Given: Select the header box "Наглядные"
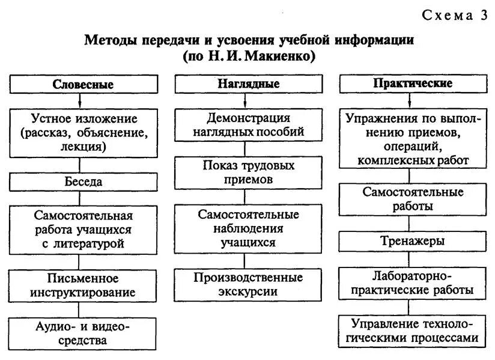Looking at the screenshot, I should (x=247, y=84).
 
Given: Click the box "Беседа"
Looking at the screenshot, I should (x=83, y=182).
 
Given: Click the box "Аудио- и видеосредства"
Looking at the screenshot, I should (x=83, y=334).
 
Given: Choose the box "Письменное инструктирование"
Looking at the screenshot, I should (x=83, y=285).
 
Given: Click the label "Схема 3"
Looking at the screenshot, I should (x=455, y=16).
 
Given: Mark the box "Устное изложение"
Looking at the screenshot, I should (x=83, y=132).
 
